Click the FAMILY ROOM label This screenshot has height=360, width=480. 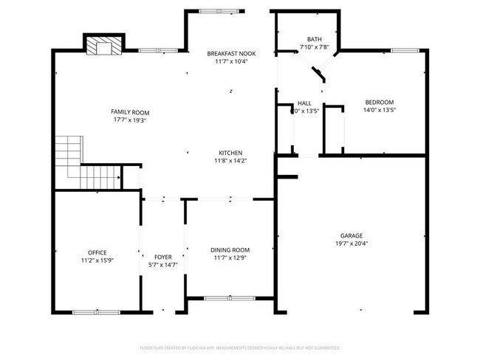(130, 112)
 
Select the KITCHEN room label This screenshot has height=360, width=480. (230, 153)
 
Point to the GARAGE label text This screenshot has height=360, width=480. (352, 236)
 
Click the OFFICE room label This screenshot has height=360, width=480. (97, 252)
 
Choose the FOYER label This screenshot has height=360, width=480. (163, 257)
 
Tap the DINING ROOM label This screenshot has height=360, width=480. (230, 249)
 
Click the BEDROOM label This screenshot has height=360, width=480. (379, 102)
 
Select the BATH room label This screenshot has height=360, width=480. (315, 39)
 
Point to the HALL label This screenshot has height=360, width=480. (304, 103)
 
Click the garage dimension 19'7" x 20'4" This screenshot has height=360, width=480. (352, 243)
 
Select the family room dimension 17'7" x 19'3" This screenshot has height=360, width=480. (130, 120)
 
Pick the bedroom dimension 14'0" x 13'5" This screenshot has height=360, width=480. (379, 110)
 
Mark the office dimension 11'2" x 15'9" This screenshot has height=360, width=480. (97, 260)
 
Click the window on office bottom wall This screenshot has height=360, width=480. (96, 312)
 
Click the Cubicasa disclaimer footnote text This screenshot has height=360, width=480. (239, 347)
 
